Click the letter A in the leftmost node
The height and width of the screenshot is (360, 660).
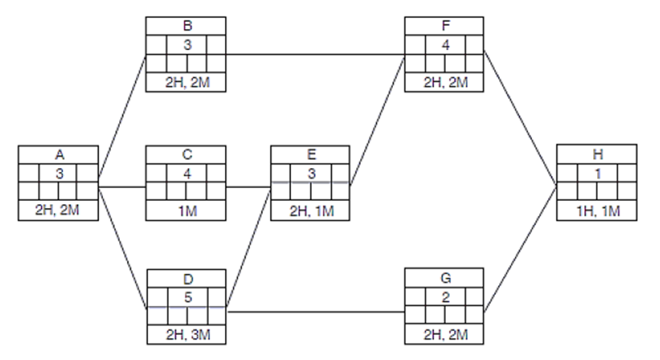pyautogui.click(x=60, y=155)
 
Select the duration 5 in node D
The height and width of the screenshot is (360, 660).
pyautogui.click(x=187, y=294)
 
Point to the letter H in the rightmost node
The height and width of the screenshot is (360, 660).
pyautogui.click(x=597, y=155)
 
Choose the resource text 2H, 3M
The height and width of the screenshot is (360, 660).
pyautogui.click(x=187, y=335)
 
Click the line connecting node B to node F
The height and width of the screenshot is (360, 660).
pyautogui.click(x=315, y=54)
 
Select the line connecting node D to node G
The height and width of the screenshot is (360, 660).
pyautogui.click(x=315, y=311)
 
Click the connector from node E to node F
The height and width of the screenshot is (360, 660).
pyautogui.click(x=377, y=118)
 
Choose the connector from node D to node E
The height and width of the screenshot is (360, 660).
pyautogui.click(x=249, y=248)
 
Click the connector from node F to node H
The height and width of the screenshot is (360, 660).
pyautogui.click(x=520, y=118)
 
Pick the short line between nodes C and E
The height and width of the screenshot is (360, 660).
pyautogui.click(x=248, y=186)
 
